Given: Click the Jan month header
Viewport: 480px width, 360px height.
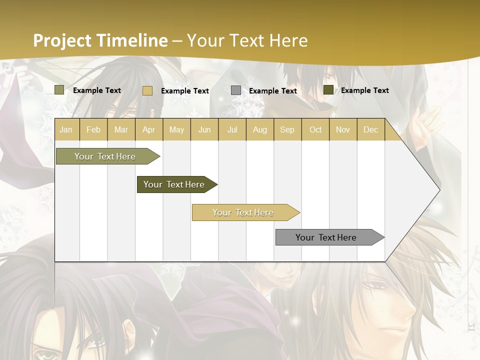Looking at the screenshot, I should pos(66,130).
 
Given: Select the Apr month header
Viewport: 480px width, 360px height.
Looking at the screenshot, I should pos(149,130).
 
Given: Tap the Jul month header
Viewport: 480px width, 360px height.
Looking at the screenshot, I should pos(232,130).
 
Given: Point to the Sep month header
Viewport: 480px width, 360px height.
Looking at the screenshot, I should pos(287,130).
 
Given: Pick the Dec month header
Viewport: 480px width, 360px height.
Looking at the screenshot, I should pos(370,130).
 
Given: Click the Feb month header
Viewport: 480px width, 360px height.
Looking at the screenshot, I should pos(93,130).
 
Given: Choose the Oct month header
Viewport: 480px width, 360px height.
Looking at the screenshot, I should pos(315,130).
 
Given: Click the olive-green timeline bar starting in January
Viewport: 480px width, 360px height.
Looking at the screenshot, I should pos(105,156).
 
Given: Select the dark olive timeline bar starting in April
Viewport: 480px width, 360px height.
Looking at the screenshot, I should pos(174,184).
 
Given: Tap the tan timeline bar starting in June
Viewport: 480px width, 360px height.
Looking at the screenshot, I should pos(243,212).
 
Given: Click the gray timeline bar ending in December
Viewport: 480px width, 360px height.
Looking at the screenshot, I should pos(326,237).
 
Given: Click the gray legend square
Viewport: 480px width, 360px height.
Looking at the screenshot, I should pos(236,90).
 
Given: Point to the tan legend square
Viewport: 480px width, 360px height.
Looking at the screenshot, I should pos(147,90).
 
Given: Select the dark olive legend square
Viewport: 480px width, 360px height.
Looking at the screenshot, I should pos(328,90).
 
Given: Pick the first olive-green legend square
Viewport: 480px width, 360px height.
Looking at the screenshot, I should pos(59,90).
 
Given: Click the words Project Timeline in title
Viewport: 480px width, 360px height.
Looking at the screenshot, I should pos(100,40).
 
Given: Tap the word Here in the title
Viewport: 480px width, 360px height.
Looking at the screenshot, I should pos(288,40).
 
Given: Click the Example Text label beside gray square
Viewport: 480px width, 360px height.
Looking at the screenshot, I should pos(272,91).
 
